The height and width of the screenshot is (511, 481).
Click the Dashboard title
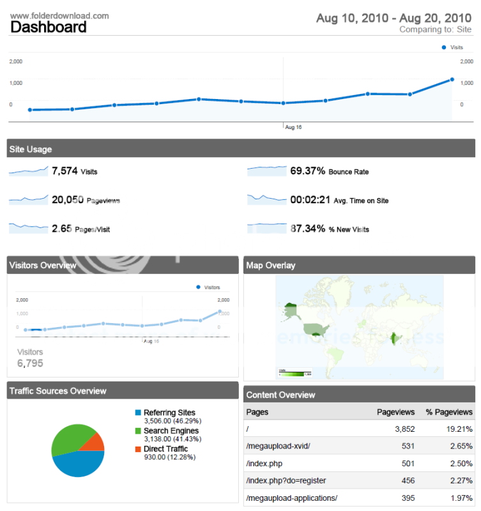(49, 27)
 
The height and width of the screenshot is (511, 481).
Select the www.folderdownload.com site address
(59, 15)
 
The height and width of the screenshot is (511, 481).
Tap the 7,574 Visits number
(65, 171)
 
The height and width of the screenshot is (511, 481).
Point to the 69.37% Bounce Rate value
(308, 171)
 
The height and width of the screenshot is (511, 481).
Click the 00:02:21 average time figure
(310, 200)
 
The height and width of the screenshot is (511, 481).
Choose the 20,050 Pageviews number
(68, 200)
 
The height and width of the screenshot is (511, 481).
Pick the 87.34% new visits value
(308, 229)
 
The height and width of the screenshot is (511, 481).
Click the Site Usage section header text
(31, 149)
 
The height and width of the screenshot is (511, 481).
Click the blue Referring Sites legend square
(138, 413)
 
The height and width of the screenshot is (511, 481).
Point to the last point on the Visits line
(452, 80)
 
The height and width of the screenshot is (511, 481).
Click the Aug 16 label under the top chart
(293, 127)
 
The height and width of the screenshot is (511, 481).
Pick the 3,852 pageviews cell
(402, 429)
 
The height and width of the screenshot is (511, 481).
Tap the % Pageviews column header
(449, 412)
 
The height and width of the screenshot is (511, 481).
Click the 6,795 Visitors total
(30, 363)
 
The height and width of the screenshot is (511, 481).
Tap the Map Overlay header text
(271, 265)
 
